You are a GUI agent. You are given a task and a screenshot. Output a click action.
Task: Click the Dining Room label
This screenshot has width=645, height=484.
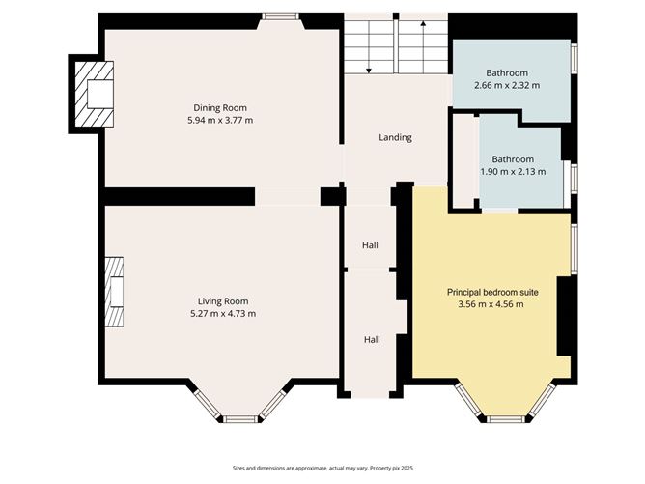point(220,108)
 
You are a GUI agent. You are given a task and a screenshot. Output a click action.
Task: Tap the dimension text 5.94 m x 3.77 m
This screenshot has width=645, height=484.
point(220,120)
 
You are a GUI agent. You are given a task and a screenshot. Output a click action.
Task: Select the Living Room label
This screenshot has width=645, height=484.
point(223,301)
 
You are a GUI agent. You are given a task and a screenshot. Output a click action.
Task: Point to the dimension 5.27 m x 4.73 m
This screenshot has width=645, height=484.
point(223,314)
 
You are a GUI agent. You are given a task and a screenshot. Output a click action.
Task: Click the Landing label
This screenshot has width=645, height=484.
point(395,137)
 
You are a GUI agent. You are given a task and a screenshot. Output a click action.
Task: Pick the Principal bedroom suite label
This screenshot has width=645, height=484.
point(492,292)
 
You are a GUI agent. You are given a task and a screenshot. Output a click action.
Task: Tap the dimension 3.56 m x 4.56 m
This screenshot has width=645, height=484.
point(491,304)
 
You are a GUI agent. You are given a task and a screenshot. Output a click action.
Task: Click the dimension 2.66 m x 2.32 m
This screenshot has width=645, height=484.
point(507,86)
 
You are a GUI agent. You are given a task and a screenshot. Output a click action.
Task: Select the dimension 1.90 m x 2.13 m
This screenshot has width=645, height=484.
point(513,172)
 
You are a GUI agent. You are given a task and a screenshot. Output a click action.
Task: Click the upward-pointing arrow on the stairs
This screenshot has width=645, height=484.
point(423,47)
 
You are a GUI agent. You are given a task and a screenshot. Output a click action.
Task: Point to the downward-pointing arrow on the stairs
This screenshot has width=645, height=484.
point(369,47)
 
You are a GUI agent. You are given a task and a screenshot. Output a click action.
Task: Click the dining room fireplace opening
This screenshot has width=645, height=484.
point(100,95)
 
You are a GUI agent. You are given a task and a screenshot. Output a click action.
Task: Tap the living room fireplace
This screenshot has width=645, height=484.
point(114,292)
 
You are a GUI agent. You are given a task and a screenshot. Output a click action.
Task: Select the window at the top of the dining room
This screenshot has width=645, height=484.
point(280,16)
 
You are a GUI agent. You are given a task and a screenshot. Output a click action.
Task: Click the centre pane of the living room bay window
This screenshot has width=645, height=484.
point(241,419)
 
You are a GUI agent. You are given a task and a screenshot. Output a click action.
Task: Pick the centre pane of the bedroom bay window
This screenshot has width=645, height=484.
point(506,419)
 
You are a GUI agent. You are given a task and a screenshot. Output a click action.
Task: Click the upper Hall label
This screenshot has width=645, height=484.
point(370,245)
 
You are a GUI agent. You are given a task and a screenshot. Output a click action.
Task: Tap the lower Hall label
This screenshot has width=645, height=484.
point(372,339)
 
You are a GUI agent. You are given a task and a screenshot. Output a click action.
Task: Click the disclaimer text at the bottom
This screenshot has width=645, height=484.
point(322,468)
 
